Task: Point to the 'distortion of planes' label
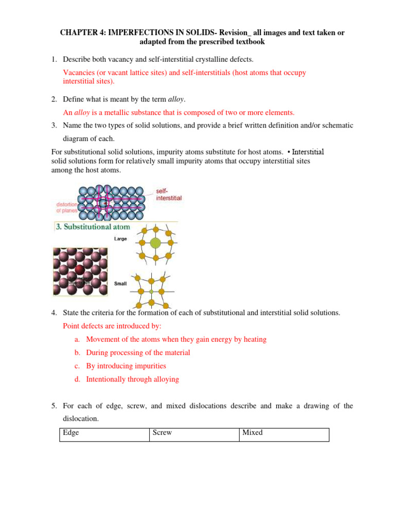pyautogui.click(x=66, y=207)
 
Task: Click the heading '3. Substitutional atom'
pyautogui.click(x=93, y=226)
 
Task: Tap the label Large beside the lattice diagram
pyautogui.click(x=120, y=239)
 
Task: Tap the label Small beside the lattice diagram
pyautogui.click(x=120, y=284)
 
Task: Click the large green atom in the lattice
pyautogui.click(x=155, y=242)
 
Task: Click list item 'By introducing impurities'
pyautogui.click(x=126, y=366)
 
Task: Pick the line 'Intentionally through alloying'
pyautogui.click(x=132, y=379)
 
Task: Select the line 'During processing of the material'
pyautogui.click(x=138, y=353)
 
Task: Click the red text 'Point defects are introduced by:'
pyautogui.click(x=112, y=326)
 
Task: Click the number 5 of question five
pyautogui.click(x=53, y=406)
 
